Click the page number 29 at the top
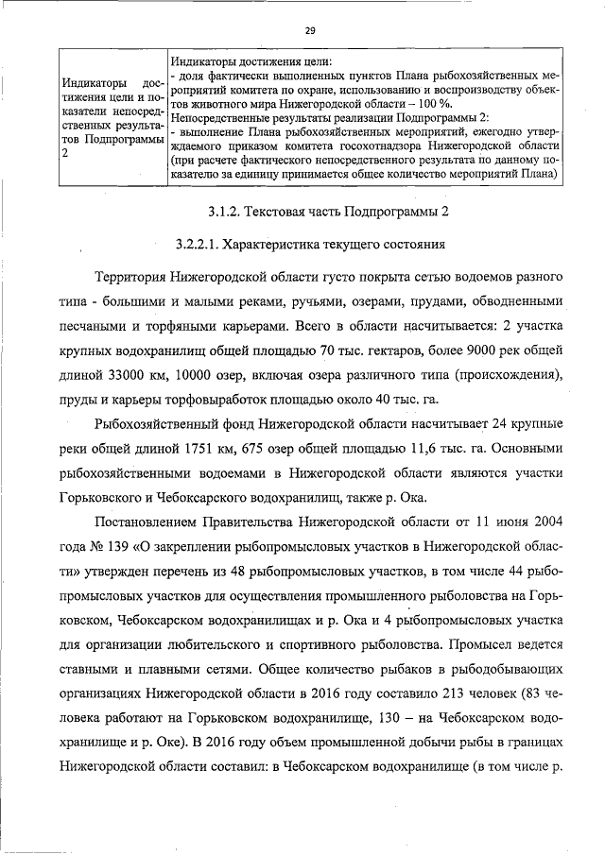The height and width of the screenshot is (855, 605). coord(309,30)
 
